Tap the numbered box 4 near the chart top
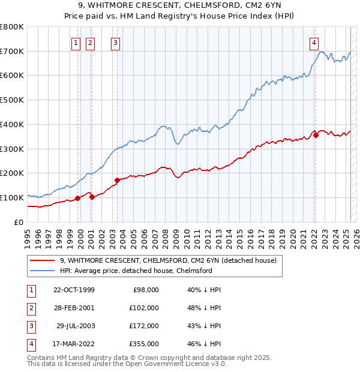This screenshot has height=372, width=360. pos(314,43)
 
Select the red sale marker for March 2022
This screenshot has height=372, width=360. pos(316,136)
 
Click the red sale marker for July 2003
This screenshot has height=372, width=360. pos(117,180)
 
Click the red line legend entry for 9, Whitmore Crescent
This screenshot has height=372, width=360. pos(168,260)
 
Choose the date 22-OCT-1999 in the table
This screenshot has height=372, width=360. pos(74,290)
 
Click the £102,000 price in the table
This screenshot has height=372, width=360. pos(145,308)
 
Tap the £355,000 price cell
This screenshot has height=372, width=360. pos(145,344)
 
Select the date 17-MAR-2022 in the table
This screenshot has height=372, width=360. pos(74,344)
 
